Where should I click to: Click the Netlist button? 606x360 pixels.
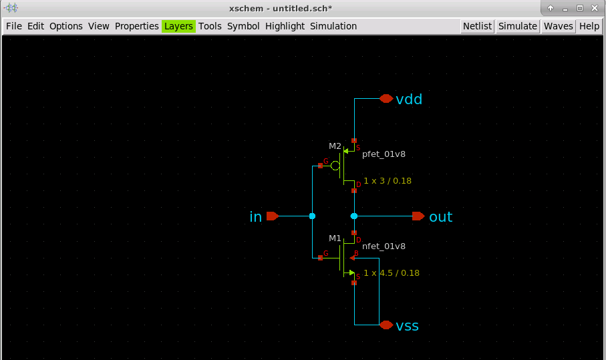click(477, 26)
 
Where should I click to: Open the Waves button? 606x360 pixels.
click(558, 26)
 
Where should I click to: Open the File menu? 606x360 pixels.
click(14, 26)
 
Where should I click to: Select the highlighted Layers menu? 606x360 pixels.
click(178, 26)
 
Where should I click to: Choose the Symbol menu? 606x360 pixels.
click(243, 26)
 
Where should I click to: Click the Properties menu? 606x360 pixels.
click(137, 26)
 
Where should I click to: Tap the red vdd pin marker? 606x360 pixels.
click(386, 98)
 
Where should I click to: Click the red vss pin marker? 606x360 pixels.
click(386, 325)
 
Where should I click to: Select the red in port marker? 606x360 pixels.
click(273, 216)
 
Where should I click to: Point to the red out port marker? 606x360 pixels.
click(418, 216)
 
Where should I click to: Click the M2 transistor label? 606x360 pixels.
click(335, 146)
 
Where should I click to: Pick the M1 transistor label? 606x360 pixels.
click(335, 238)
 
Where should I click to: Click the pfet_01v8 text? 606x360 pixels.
click(384, 154)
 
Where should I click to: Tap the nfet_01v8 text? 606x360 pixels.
click(384, 246)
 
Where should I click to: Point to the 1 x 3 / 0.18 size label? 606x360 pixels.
click(388, 181)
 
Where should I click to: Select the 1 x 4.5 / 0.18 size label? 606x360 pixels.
click(392, 273)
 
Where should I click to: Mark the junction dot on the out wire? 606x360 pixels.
click(354, 216)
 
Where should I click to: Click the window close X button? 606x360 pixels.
click(595, 8)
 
